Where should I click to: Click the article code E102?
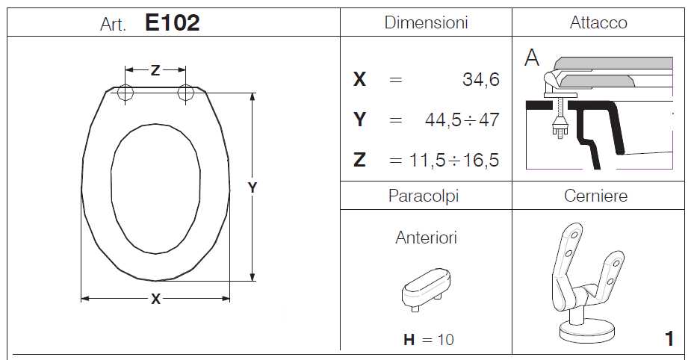point(172,22)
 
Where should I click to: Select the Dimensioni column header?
point(426,22)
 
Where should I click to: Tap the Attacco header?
point(598,22)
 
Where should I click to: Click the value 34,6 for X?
point(481,79)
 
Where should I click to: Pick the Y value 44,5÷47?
point(462,120)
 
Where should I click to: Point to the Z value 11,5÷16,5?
point(454,160)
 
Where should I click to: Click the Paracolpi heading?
point(424,196)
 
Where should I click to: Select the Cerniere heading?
point(596,196)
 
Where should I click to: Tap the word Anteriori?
point(426,238)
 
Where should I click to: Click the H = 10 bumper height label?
point(428,339)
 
